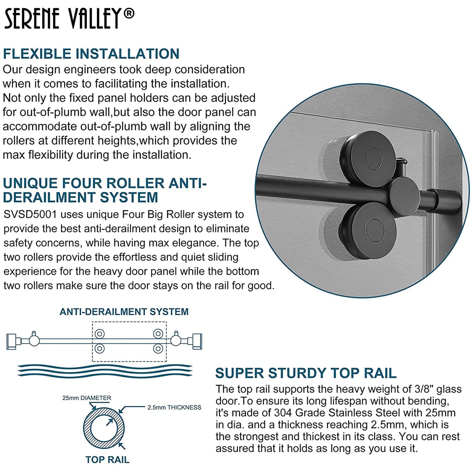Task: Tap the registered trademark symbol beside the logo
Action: coord(130,13)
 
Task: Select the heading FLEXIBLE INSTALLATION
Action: coord(91,54)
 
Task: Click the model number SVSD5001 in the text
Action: coord(30,215)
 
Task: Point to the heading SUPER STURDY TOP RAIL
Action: coord(306,373)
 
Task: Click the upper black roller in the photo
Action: coord(367,155)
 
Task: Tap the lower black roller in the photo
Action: coord(367,226)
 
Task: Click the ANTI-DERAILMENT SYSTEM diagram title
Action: coord(124,312)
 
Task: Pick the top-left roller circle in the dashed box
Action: coord(100,334)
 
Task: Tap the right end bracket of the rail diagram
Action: coord(197,341)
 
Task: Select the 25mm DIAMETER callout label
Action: coord(87,398)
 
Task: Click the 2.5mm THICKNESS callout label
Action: coord(174,407)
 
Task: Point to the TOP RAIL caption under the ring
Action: coord(107,460)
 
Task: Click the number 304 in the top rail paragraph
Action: coord(283,413)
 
